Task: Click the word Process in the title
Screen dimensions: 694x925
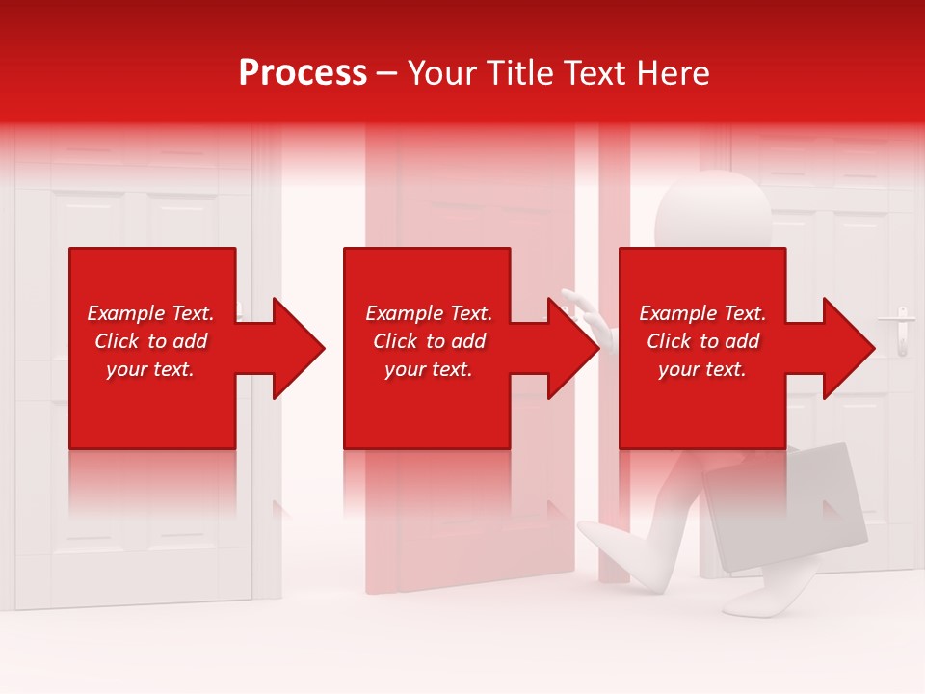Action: (303, 73)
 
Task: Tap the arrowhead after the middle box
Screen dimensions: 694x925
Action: (571, 348)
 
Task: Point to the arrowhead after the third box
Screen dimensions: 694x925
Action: (847, 348)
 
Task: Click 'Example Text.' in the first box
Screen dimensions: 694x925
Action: (150, 313)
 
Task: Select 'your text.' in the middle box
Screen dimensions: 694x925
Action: (428, 369)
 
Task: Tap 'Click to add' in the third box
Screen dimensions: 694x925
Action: (702, 341)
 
